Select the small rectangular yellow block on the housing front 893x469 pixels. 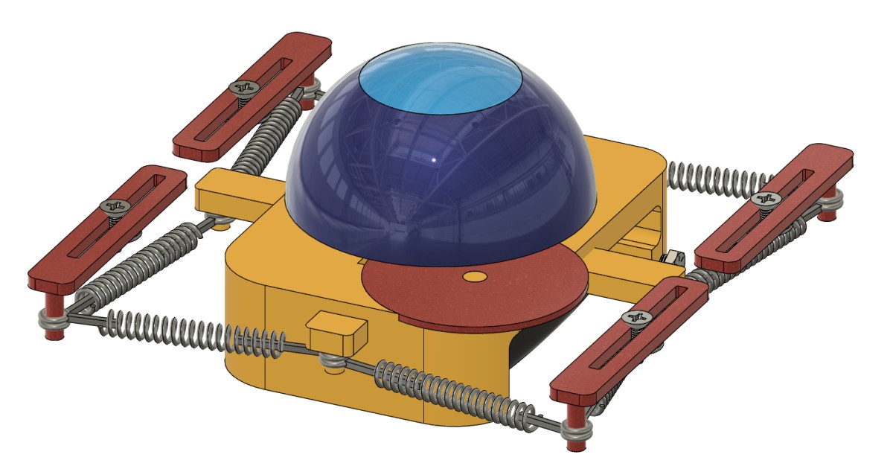[x=337, y=328]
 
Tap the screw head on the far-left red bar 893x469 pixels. [x=112, y=205]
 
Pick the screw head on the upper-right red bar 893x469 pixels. [x=765, y=199]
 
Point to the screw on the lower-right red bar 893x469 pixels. [x=636, y=318]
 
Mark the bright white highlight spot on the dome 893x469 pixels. [x=435, y=160]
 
